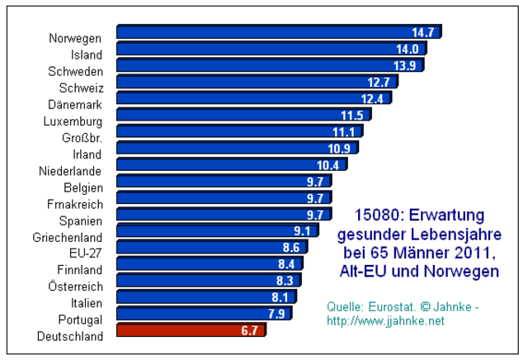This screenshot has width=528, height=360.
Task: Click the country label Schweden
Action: tap(75, 72)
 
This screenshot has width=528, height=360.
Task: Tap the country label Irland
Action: tap(87, 154)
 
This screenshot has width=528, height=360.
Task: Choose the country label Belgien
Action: tap(82, 187)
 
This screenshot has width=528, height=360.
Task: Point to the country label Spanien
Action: tap(81, 220)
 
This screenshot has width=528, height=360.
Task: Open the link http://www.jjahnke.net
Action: tap(386, 320)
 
